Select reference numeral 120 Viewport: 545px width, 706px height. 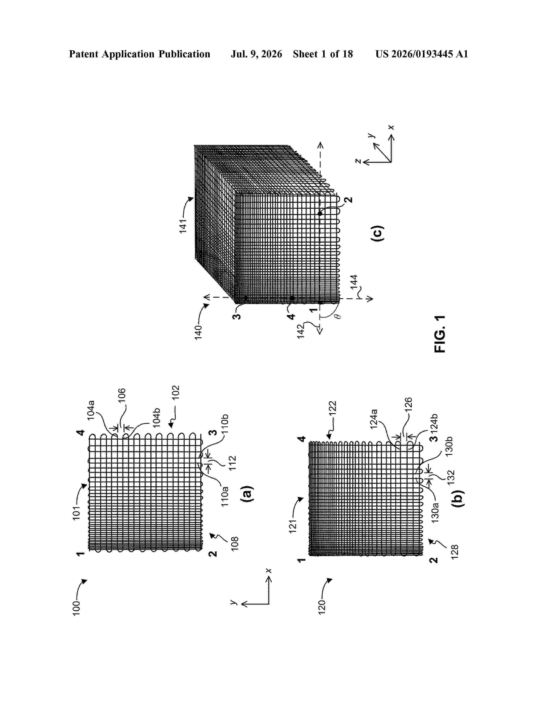(x=322, y=607)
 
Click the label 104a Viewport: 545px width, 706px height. (x=91, y=410)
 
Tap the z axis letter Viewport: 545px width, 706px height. (x=358, y=161)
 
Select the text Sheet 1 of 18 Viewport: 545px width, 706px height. (x=323, y=54)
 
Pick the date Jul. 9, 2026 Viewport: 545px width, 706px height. (x=256, y=54)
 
